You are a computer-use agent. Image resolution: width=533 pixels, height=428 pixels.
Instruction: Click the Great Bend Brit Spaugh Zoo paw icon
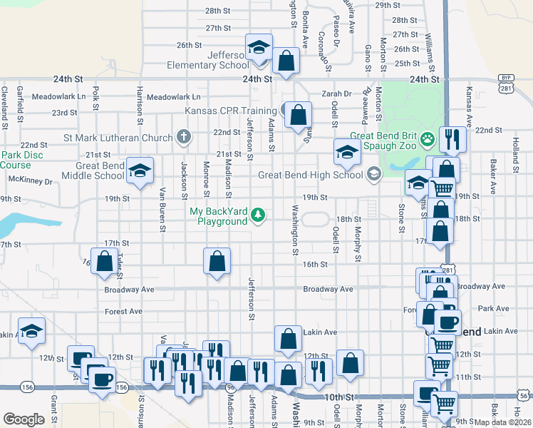(428, 138)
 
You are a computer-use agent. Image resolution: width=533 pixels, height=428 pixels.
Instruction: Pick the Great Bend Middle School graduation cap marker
(140, 170)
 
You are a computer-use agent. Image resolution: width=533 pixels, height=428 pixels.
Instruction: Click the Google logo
(24, 419)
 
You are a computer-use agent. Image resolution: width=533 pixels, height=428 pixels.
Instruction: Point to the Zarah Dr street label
(336, 93)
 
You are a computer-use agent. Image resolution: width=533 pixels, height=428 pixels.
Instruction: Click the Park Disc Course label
(16, 160)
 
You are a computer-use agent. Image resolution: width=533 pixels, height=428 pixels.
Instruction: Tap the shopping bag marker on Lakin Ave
(288, 340)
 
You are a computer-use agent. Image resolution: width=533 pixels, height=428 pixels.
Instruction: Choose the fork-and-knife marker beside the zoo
(452, 139)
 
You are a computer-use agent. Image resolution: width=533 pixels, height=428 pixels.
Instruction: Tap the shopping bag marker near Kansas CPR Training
(298, 114)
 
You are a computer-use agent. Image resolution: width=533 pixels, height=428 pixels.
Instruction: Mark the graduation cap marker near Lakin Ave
(31, 331)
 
